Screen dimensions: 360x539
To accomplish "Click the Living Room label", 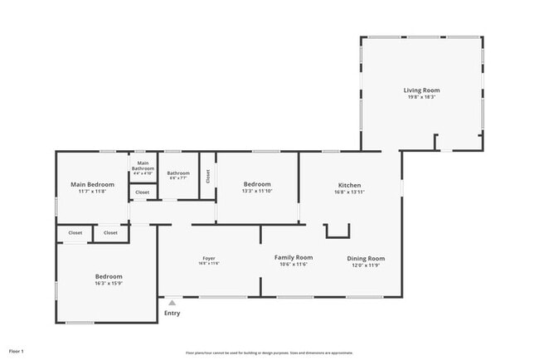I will pos(421,90).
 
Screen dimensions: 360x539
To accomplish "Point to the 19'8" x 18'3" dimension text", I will pos(421,97).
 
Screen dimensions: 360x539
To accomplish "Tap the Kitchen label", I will pos(349,184).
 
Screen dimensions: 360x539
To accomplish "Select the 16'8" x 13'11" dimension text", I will pos(349,192).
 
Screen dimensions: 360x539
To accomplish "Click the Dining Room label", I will pos(366,258).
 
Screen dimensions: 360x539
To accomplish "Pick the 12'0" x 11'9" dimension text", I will pos(366,265).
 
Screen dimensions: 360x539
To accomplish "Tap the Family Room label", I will pos(294,257).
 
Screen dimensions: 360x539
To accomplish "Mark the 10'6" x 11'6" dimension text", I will pos(294,265).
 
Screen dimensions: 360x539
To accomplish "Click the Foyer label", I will pos(209,258).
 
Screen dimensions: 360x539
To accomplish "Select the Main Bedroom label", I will pos(92,184).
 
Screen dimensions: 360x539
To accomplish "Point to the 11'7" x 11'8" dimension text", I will pos(92,192).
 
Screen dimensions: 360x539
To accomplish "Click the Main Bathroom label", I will pos(143,165).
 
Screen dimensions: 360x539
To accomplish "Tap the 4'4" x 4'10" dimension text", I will pos(143,173).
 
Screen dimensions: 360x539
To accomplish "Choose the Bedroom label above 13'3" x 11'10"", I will pos(257,184).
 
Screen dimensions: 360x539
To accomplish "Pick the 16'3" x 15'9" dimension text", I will pos(109,284).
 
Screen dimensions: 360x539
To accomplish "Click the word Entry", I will pos(172,313).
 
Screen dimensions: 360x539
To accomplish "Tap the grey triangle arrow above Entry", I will pos(172,303).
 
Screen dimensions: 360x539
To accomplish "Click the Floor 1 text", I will pos(17,352).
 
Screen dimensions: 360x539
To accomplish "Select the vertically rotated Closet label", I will pos(208,175).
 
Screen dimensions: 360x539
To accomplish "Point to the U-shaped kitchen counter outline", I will pos(337,231).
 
